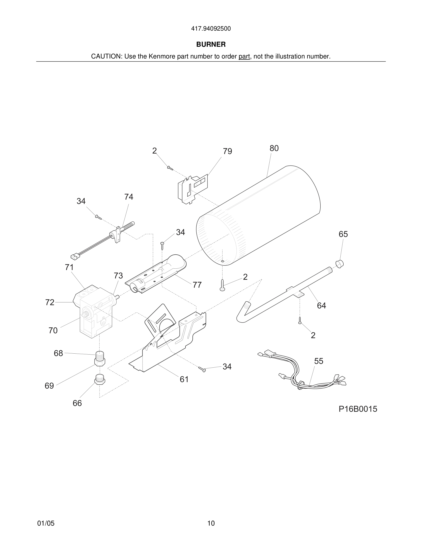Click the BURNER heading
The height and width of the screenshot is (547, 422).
click(x=211, y=44)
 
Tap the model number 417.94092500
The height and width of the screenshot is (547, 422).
click(x=211, y=29)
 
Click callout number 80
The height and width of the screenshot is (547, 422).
click(x=274, y=148)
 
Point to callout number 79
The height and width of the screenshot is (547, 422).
click(x=228, y=151)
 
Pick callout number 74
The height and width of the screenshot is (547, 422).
click(x=129, y=197)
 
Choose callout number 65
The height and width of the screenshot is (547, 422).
click(x=343, y=234)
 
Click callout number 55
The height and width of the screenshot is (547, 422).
click(x=319, y=361)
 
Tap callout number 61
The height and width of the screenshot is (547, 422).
click(x=184, y=379)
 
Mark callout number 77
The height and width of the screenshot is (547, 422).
click(x=197, y=285)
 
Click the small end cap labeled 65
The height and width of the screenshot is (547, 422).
click(x=339, y=264)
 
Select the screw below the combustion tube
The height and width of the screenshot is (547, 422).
click(x=222, y=285)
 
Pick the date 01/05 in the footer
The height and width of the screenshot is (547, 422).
click(x=46, y=523)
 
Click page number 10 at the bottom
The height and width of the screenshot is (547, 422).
click(x=211, y=523)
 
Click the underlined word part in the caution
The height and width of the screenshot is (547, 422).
click(x=244, y=57)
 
